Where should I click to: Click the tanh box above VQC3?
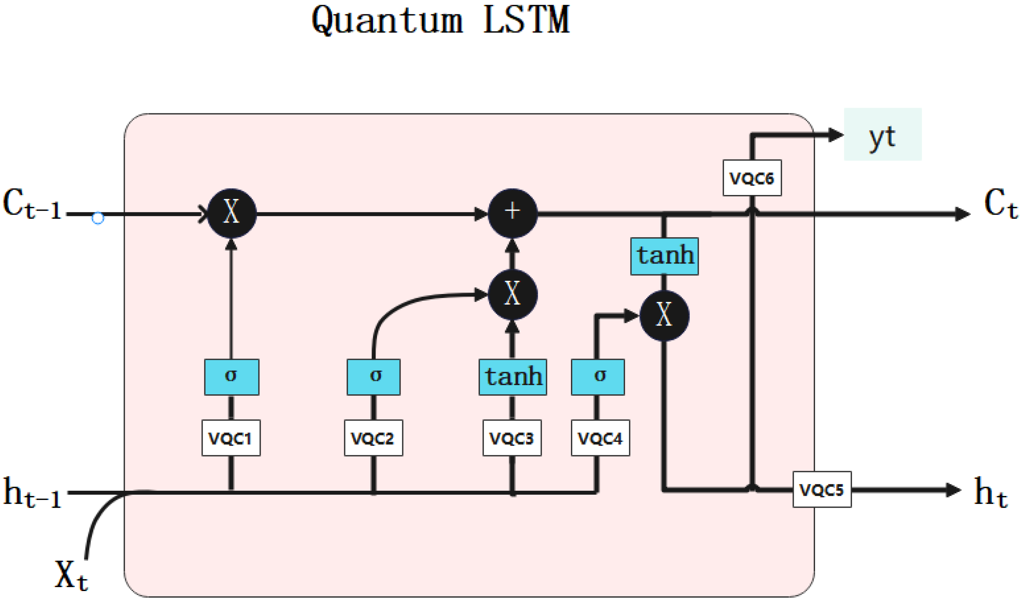click(513, 377)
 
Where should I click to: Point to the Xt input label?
click(71, 575)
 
